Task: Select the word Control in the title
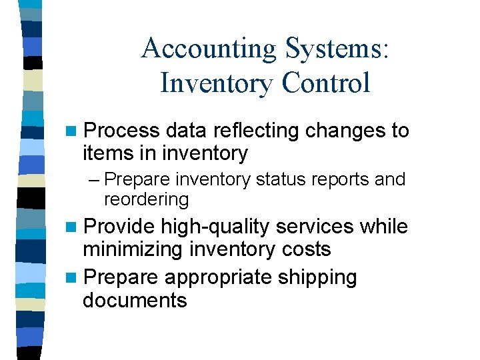coord(326,83)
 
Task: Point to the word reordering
coord(146,199)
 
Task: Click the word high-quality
coord(215,227)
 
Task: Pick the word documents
coord(135,300)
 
